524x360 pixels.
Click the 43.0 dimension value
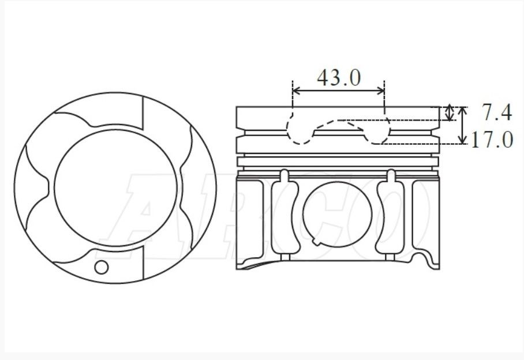[339, 77]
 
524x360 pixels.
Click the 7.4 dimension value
[497, 113]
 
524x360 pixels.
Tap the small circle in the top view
[102, 267]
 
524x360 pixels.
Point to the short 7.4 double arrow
[451, 113]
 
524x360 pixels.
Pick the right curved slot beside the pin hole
[388, 215]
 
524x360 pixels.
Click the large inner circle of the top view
[104, 185]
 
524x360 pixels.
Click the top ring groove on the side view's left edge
[240, 132]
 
